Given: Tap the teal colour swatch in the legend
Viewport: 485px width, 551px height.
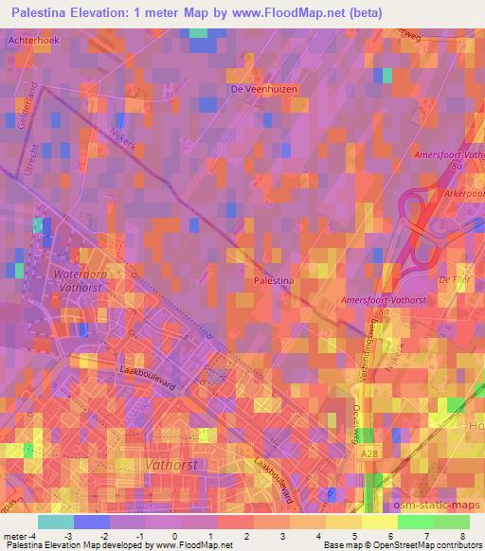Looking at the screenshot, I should (x=56, y=522).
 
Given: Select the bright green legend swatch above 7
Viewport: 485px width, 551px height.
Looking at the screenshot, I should (x=415, y=522).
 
